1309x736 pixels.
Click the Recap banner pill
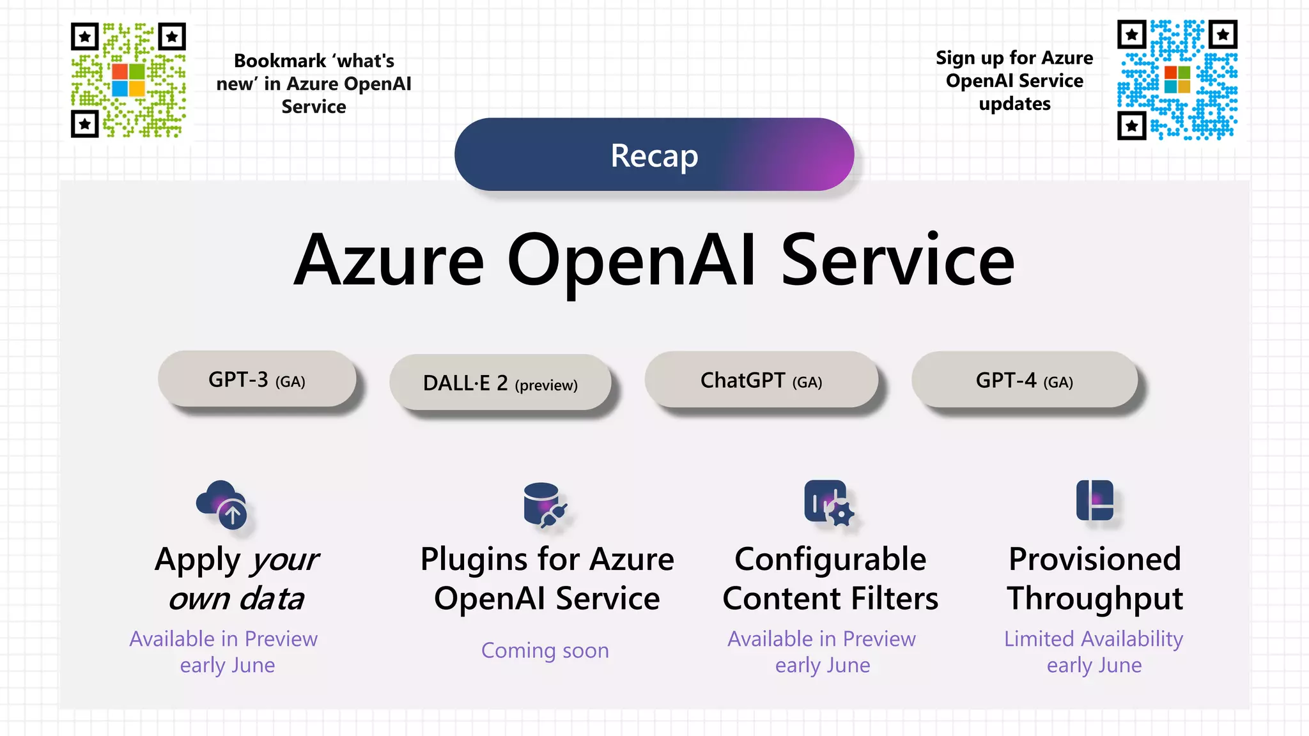(654, 155)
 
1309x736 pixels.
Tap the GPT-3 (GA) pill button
(257, 379)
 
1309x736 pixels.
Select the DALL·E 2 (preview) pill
(500, 383)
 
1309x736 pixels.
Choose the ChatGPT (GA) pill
(761, 380)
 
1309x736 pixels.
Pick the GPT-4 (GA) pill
(1024, 380)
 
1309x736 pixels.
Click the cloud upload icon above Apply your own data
(222, 504)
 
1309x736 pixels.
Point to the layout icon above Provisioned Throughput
(1094, 500)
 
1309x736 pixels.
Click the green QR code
(128, 80)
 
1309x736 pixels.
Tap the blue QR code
(1177, 80)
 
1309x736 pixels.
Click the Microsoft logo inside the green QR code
(128, 80)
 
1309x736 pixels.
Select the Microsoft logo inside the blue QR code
(1177, 80)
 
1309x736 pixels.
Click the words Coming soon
(545, 650)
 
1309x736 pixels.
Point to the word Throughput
(1095, 599)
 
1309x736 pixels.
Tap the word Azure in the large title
(389, 261)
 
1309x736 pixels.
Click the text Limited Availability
(1094, 639)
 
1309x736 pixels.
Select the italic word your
(285, 560)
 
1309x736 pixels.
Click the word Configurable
(830, 559)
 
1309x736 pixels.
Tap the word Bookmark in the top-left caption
(280, 61)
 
